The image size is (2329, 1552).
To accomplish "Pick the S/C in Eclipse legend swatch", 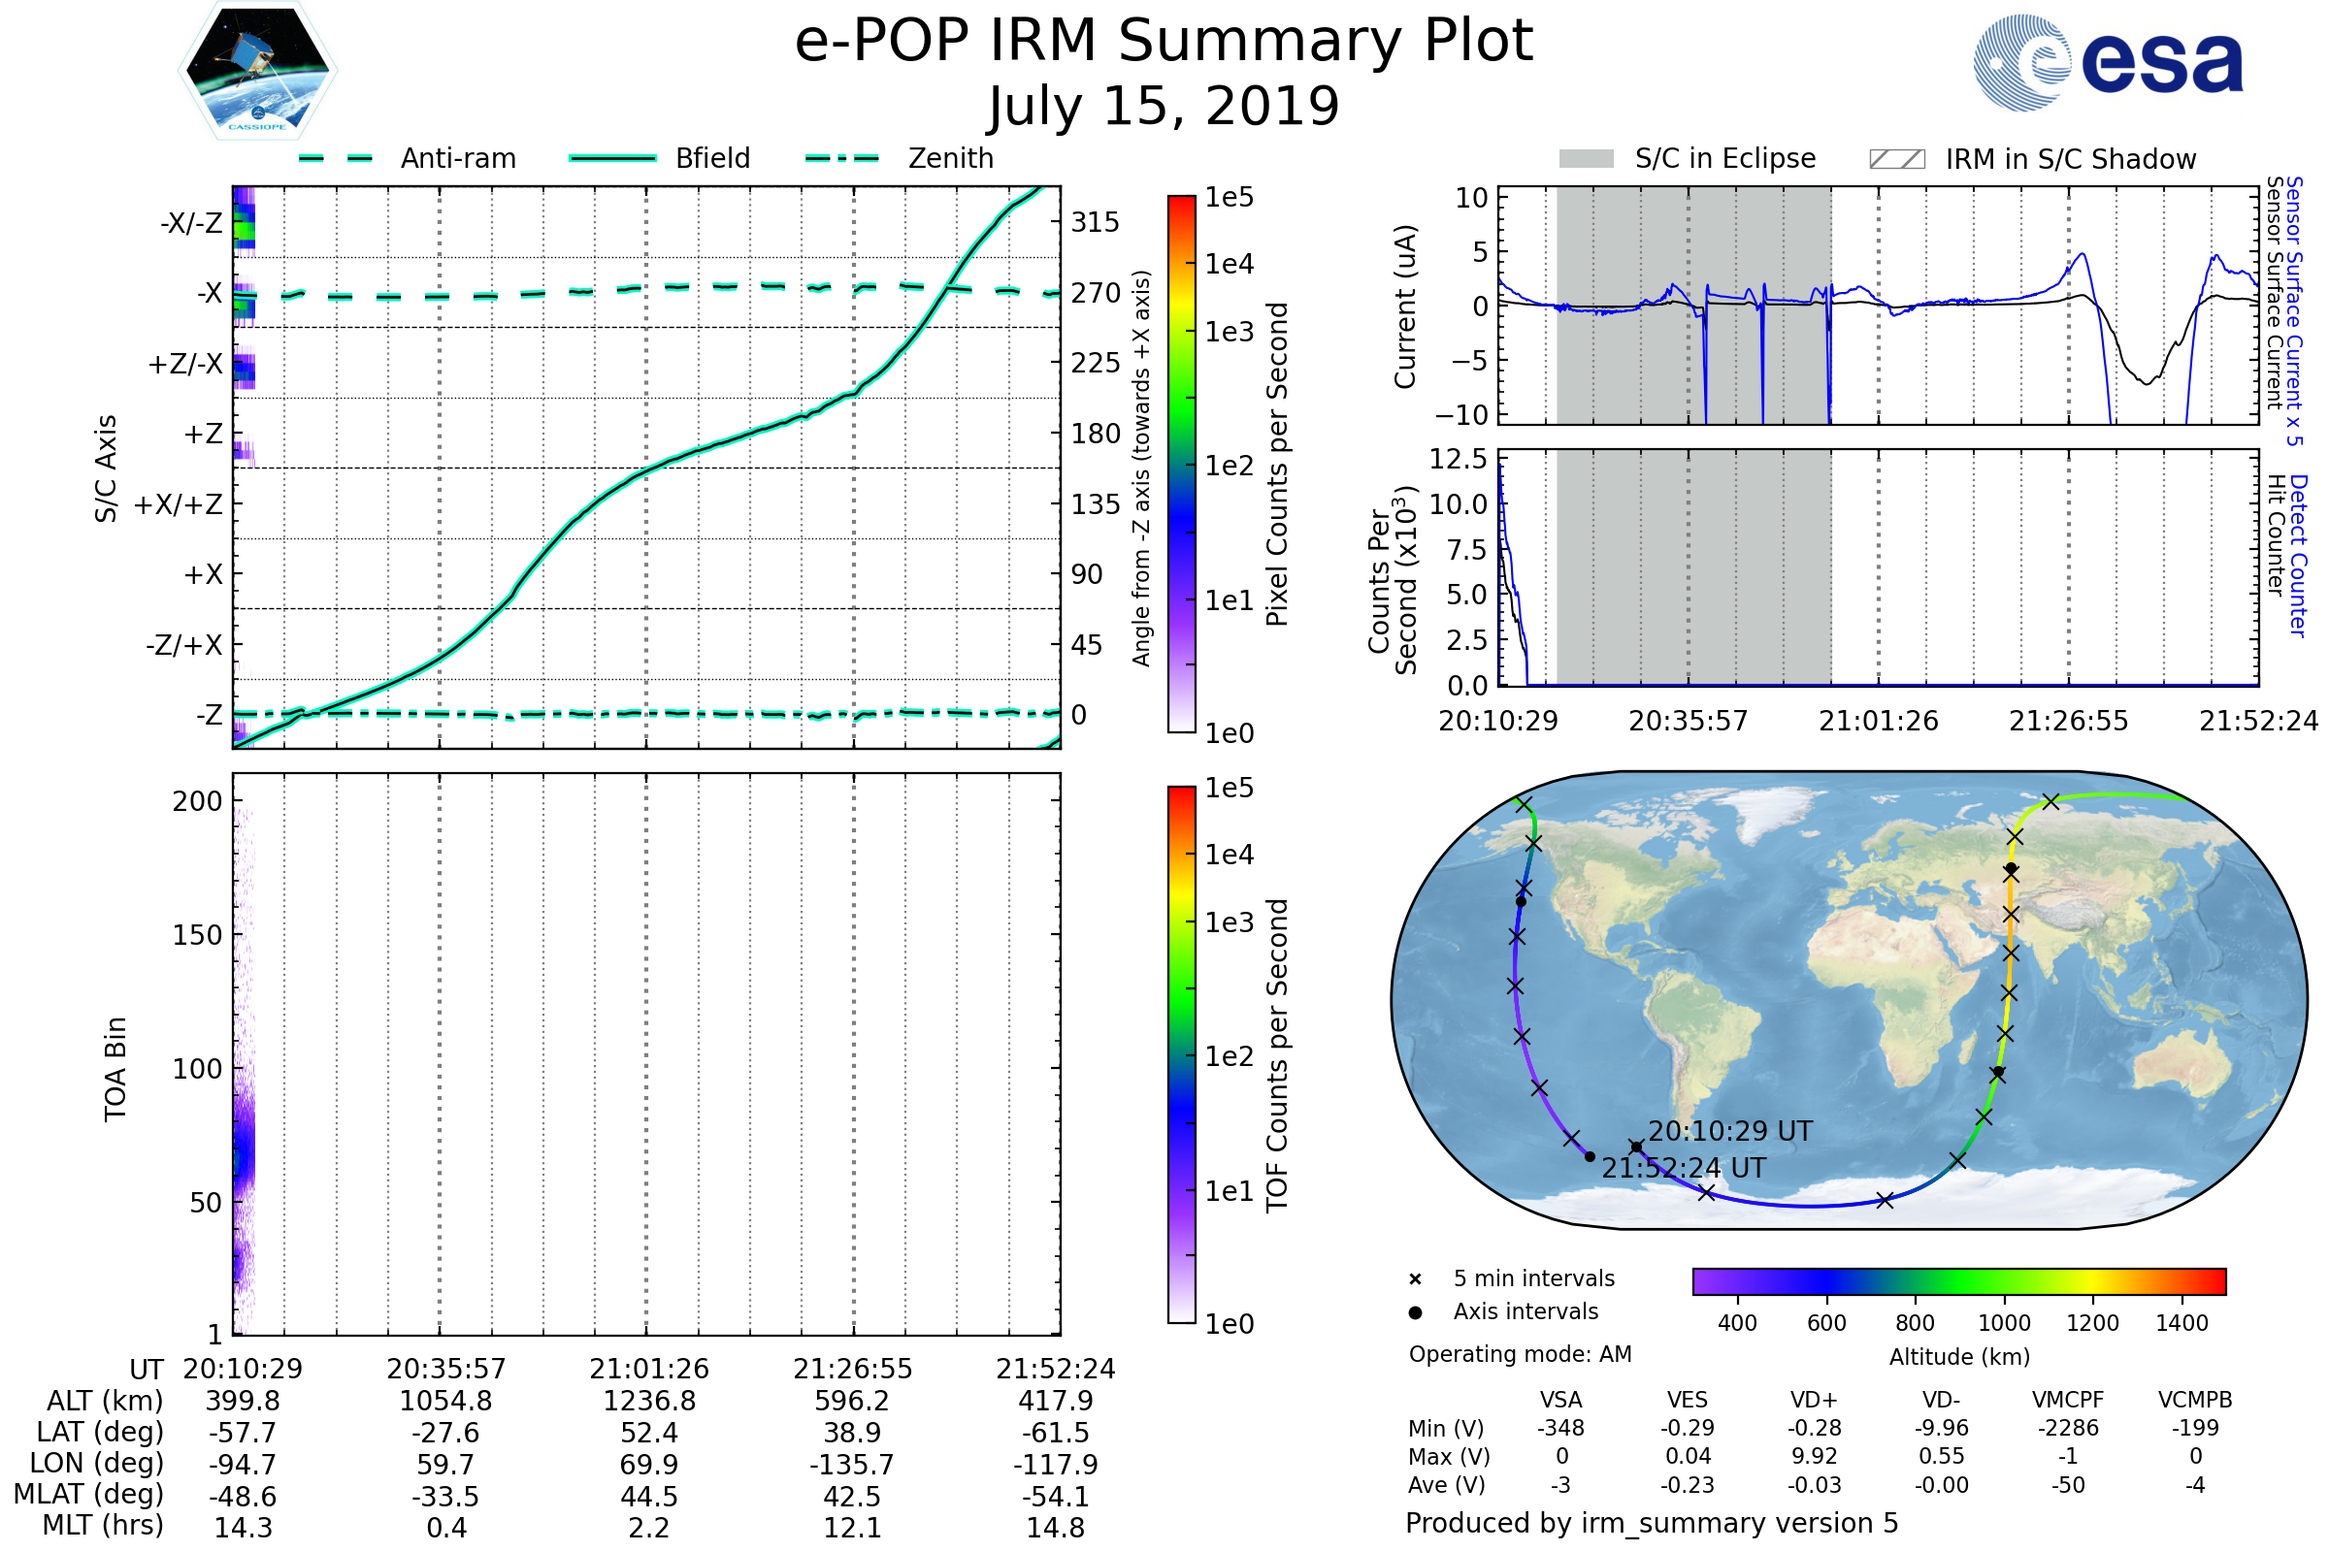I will [x=1587, y=159].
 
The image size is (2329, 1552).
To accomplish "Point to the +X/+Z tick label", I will [x=179, y=504].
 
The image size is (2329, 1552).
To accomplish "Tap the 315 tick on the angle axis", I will [x=1095, y=222].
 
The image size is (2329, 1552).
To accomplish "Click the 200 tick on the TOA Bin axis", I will [x=197, y=801].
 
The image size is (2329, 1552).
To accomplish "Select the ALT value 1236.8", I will [x=648, y=1401].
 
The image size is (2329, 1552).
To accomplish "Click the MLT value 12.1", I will [x=852, y=1527].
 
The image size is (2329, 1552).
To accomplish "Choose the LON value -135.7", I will [x=852, y=1464].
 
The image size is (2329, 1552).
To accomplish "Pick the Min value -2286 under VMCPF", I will [x=2068, y=1428].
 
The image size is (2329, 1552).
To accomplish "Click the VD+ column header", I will [x=1813, y=1400].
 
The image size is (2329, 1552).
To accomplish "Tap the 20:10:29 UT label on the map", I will [x=1730, y=1131].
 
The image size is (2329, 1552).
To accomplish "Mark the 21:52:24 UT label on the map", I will [x=1684, y=1168].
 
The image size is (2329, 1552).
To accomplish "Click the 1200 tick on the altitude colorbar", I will [x=2092, y=1323].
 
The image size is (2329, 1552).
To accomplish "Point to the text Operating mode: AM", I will [x=1520, y=1354].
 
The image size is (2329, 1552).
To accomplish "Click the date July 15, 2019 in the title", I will [x=1164, y=106].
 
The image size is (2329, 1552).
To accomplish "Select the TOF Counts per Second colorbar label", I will [x=1277, y=1055].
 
